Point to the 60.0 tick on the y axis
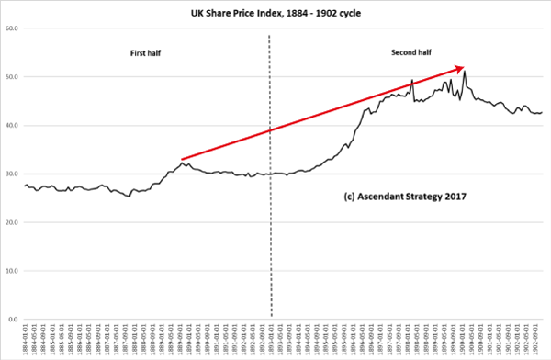(13, 28)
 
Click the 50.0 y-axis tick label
(13, 77)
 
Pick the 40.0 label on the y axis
(13, 126)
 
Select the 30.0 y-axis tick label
(13, 174)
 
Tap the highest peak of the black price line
(465, 72)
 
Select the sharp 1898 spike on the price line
(412, 80)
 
